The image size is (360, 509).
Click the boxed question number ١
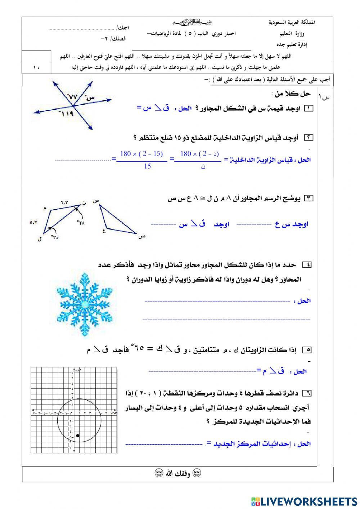click(309, 108)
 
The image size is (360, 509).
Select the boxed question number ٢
click(309, 138)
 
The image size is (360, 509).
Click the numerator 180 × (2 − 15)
click(141, 154)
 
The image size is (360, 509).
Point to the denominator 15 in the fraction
click(147, 166)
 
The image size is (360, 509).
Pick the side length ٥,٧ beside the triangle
click(33, 223)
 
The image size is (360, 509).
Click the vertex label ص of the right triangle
click(142, 237)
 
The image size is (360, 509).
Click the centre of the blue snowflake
click(85, 305)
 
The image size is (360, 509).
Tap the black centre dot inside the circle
click(78, 436)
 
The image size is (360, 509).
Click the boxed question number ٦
click(307, 393)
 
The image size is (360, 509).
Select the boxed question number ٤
click(307, 265)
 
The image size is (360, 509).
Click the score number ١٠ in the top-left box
click(36, 67)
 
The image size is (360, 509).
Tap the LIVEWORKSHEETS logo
click(304, 501)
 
